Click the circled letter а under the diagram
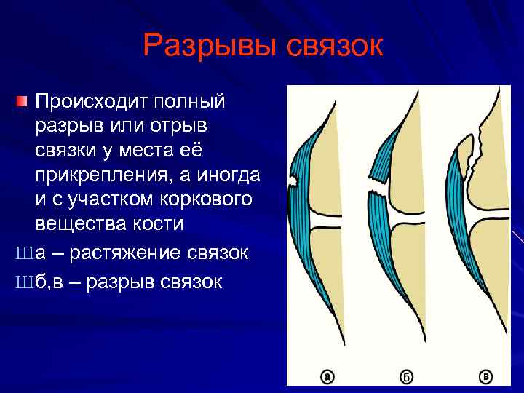pyautogui.click(x=327, y=376)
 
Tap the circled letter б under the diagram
pyautogui.click(x=406, y=376)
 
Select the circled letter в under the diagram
pyautogui.click(x=485, y=376)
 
